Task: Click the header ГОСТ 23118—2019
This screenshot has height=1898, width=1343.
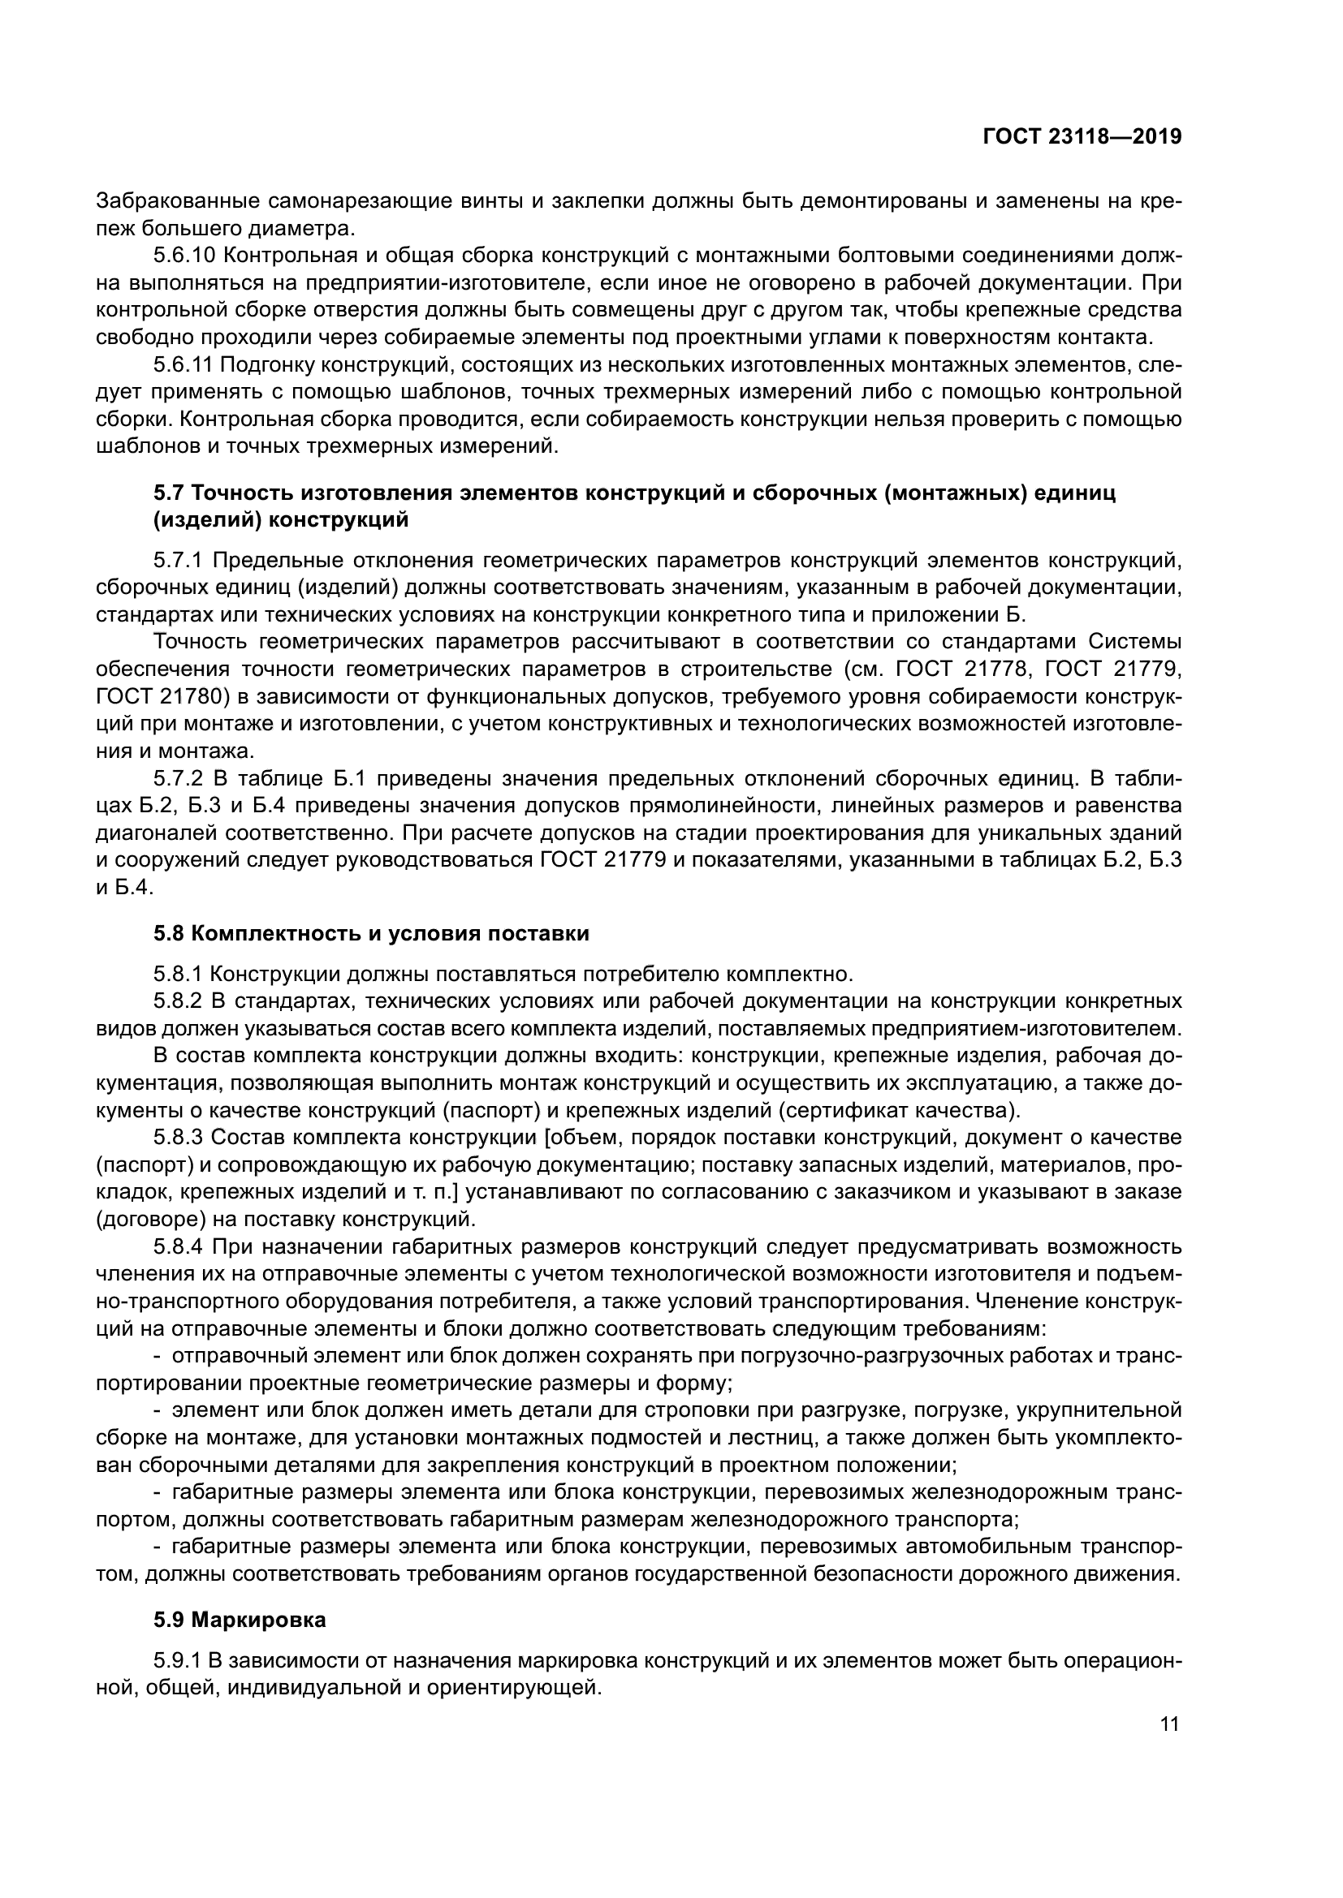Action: [1082, 137]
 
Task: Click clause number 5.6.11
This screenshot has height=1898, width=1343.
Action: [182, 364]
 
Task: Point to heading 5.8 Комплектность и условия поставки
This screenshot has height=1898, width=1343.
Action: [371, 934]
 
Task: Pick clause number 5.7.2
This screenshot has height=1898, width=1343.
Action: [177, 780]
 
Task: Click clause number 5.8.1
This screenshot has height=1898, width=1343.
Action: [177, 975]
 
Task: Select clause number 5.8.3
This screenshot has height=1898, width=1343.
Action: [177, 1138]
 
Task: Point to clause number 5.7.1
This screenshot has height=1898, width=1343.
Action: [177, 562]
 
